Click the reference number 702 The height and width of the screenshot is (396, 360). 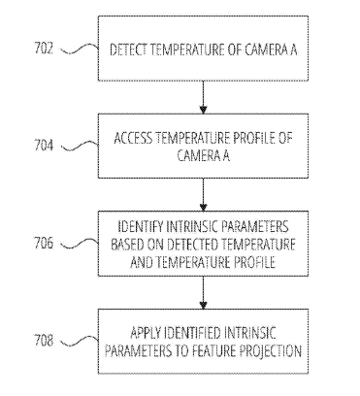pos(44,49)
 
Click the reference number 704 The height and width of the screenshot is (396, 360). pos(44,146)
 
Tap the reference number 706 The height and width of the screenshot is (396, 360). pos(44,243)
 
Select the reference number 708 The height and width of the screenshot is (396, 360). pos(44,341)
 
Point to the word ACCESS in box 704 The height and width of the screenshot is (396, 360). pos(133,138)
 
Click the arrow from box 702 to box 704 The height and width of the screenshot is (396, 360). pos(203,97)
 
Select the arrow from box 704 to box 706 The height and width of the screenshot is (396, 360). pos(203,195)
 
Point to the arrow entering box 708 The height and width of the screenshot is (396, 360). pos(203,293)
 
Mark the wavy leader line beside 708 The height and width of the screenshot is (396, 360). pos(80,341)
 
